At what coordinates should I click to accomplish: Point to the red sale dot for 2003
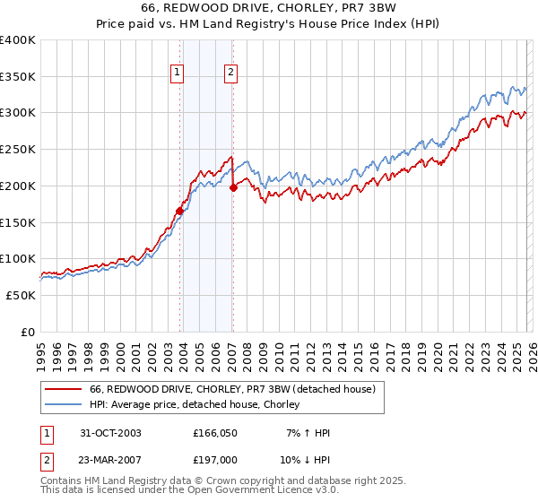click(x=180, y=211)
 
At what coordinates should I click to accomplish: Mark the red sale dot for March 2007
click(x=233, y=187)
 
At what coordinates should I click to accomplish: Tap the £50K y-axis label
click(x=21, y=295)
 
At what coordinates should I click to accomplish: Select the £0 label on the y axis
click(x=28, y=332)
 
